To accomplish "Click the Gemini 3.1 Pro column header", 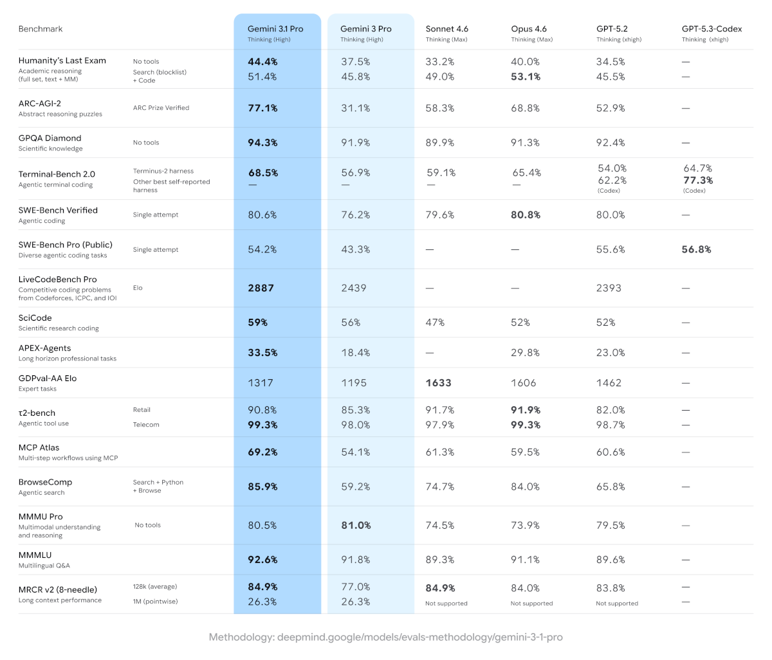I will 275,29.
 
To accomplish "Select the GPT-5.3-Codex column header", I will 712,29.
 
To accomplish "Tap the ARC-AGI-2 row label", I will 40,103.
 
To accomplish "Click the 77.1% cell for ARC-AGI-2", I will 262,108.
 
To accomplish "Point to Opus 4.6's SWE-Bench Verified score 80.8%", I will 526,215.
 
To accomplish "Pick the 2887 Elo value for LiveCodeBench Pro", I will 261,288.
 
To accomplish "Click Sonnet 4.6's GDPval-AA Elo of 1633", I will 439,382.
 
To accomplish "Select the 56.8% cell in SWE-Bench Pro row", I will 696,249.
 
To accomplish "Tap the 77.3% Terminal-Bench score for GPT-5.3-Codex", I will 698,181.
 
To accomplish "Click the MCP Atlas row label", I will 40,447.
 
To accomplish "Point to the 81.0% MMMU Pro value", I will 356,525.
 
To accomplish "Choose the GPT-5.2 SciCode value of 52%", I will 605,322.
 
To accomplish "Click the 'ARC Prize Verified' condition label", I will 161,108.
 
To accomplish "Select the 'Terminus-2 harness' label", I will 163,171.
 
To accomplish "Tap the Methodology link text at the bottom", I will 385,637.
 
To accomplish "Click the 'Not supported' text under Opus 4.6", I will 531,603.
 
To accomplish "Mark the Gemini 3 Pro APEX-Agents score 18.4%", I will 356,352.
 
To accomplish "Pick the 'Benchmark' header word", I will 41,29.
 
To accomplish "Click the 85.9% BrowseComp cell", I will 262,486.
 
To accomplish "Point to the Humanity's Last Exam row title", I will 62,60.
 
